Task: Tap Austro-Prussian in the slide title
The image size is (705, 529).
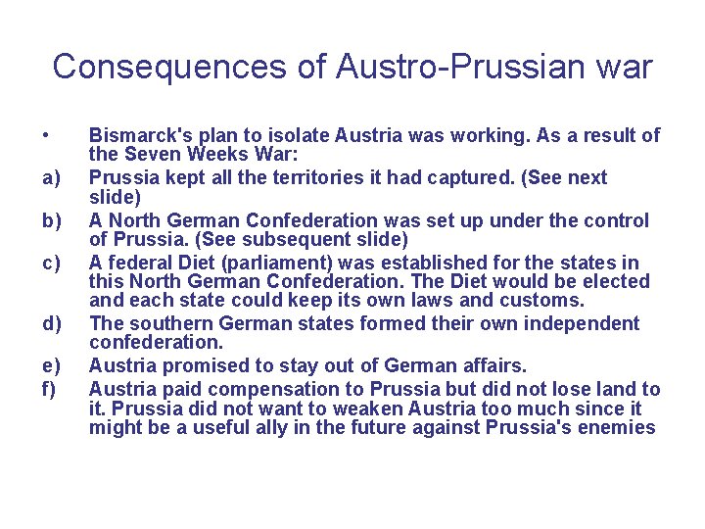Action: click(x=464, y=67)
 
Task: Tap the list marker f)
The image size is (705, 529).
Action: click(x=49, y=390)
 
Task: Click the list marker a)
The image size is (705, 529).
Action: click(x=51, y=177)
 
